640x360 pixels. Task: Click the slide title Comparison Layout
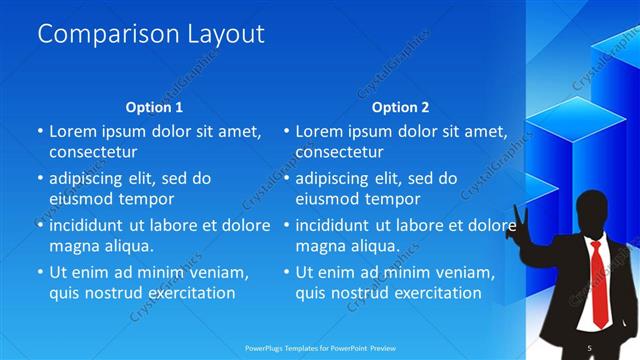tap(150, 34)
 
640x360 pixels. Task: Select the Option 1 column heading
tap(154, 107)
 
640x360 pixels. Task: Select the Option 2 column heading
tap(400, 107)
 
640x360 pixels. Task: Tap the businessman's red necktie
tap(598, 284)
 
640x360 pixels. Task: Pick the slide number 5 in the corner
tap(590, 347)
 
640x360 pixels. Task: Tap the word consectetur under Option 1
tap(93, 152)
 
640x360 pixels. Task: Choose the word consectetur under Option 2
tap(340, 152)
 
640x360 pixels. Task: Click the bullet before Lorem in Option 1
tap(39, 131)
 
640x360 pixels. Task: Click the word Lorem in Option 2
tap(318, 131)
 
